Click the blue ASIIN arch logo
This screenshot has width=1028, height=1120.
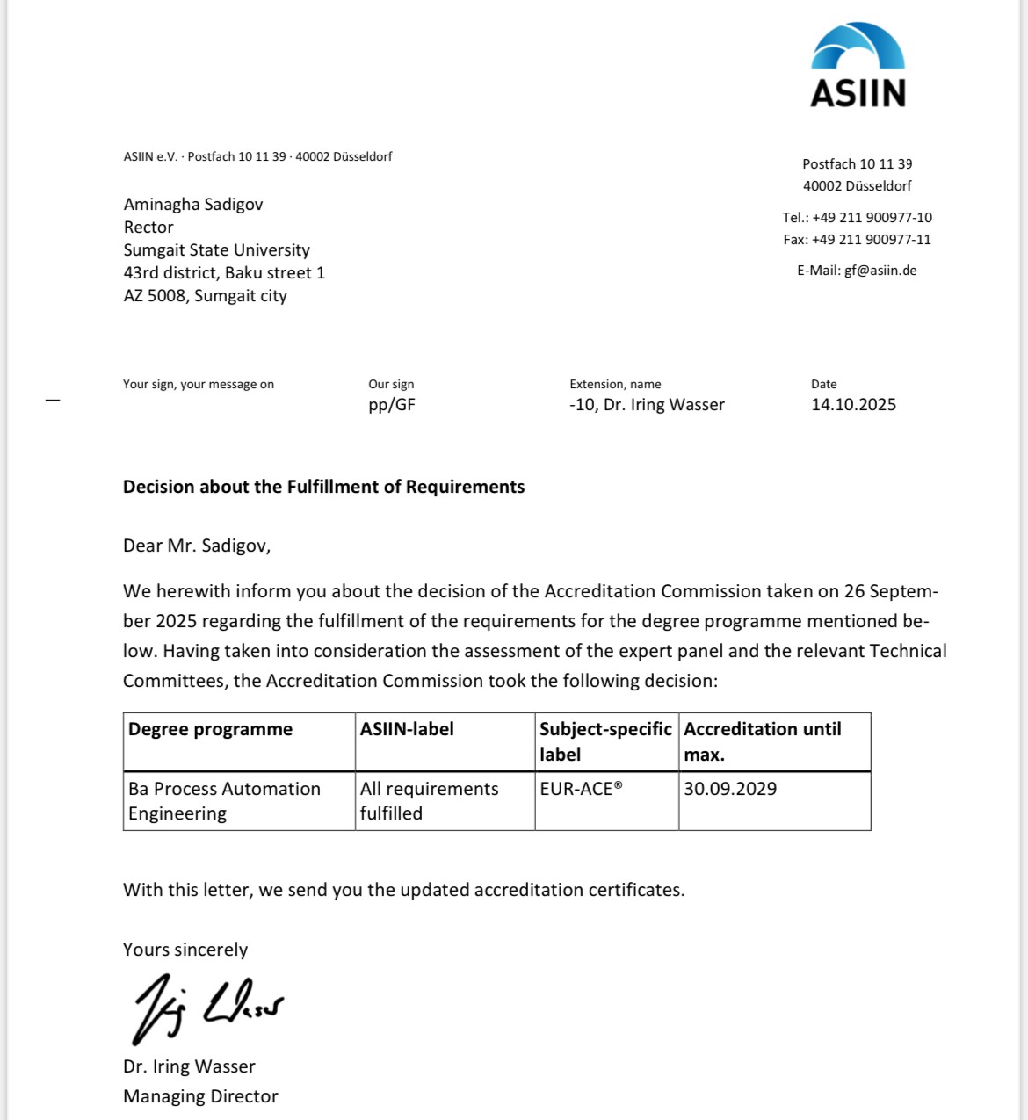858,47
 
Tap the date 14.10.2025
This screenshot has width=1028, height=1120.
853,405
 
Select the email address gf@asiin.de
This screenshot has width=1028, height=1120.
880,271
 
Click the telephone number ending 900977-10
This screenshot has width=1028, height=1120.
872,218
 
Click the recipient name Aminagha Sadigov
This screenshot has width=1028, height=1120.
193,205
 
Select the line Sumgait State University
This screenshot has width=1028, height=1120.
216,250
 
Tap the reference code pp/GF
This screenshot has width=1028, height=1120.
392,405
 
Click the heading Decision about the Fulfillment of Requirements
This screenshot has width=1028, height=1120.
323,488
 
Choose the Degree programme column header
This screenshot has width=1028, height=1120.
210,729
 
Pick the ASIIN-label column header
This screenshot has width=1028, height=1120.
407,729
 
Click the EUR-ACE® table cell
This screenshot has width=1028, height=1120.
582,789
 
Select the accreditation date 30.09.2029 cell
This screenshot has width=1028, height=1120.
730,789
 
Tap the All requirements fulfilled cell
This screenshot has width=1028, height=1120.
429,801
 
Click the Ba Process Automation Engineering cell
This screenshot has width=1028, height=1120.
224,801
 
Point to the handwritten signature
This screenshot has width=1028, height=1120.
207,1007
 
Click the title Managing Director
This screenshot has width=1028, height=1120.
200,1096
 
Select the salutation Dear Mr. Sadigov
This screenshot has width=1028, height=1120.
197,546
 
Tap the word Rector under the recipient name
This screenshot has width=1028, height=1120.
148,228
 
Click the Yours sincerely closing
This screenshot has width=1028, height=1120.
185,950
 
